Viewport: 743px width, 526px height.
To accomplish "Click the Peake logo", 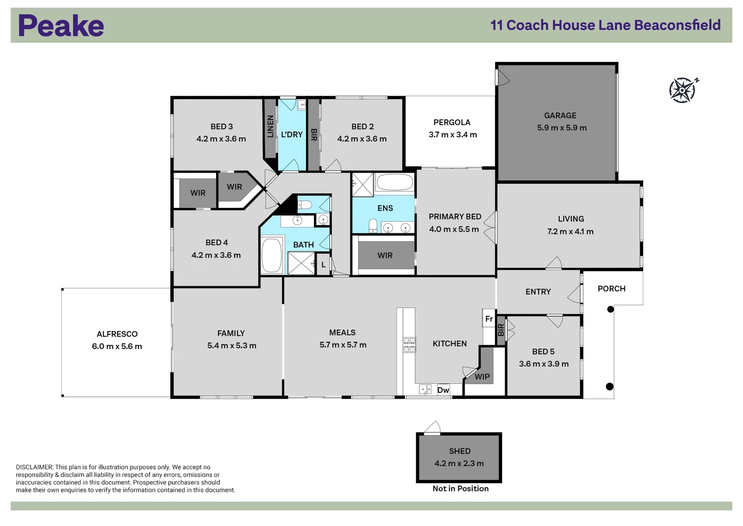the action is click(61, 25).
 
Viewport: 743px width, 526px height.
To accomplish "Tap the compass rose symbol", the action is click(683, 90).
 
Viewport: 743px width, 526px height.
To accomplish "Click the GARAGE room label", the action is click(560, 115).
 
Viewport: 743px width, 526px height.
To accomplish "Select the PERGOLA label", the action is click(452, 123).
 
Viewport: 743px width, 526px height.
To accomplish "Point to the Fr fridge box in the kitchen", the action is click(489, 319).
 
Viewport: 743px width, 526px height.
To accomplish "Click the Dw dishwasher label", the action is click(443, 390).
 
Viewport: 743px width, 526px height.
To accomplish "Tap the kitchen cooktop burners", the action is click(409, 345).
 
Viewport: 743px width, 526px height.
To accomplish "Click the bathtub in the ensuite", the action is click(395, 182).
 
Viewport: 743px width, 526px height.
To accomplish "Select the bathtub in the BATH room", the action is click(272, 255).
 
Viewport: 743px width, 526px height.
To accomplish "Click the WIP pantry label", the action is click(482, 377).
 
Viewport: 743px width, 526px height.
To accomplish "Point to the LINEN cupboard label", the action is click(271, 126).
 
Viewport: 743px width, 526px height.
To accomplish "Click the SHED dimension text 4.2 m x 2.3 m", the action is click(459, 463).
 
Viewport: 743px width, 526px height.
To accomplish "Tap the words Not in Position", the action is click(460, 488).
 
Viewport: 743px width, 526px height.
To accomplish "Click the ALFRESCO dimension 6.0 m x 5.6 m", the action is click(117, 346).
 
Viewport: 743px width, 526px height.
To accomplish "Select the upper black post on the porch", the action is click(610, 309).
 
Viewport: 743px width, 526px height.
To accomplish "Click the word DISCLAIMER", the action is click(34, 467).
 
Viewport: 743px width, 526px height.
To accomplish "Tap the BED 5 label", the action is click(544, 351).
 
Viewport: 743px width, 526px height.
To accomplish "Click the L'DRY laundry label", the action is click(292, 134).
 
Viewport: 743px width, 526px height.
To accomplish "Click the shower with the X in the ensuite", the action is click(363, 185).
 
